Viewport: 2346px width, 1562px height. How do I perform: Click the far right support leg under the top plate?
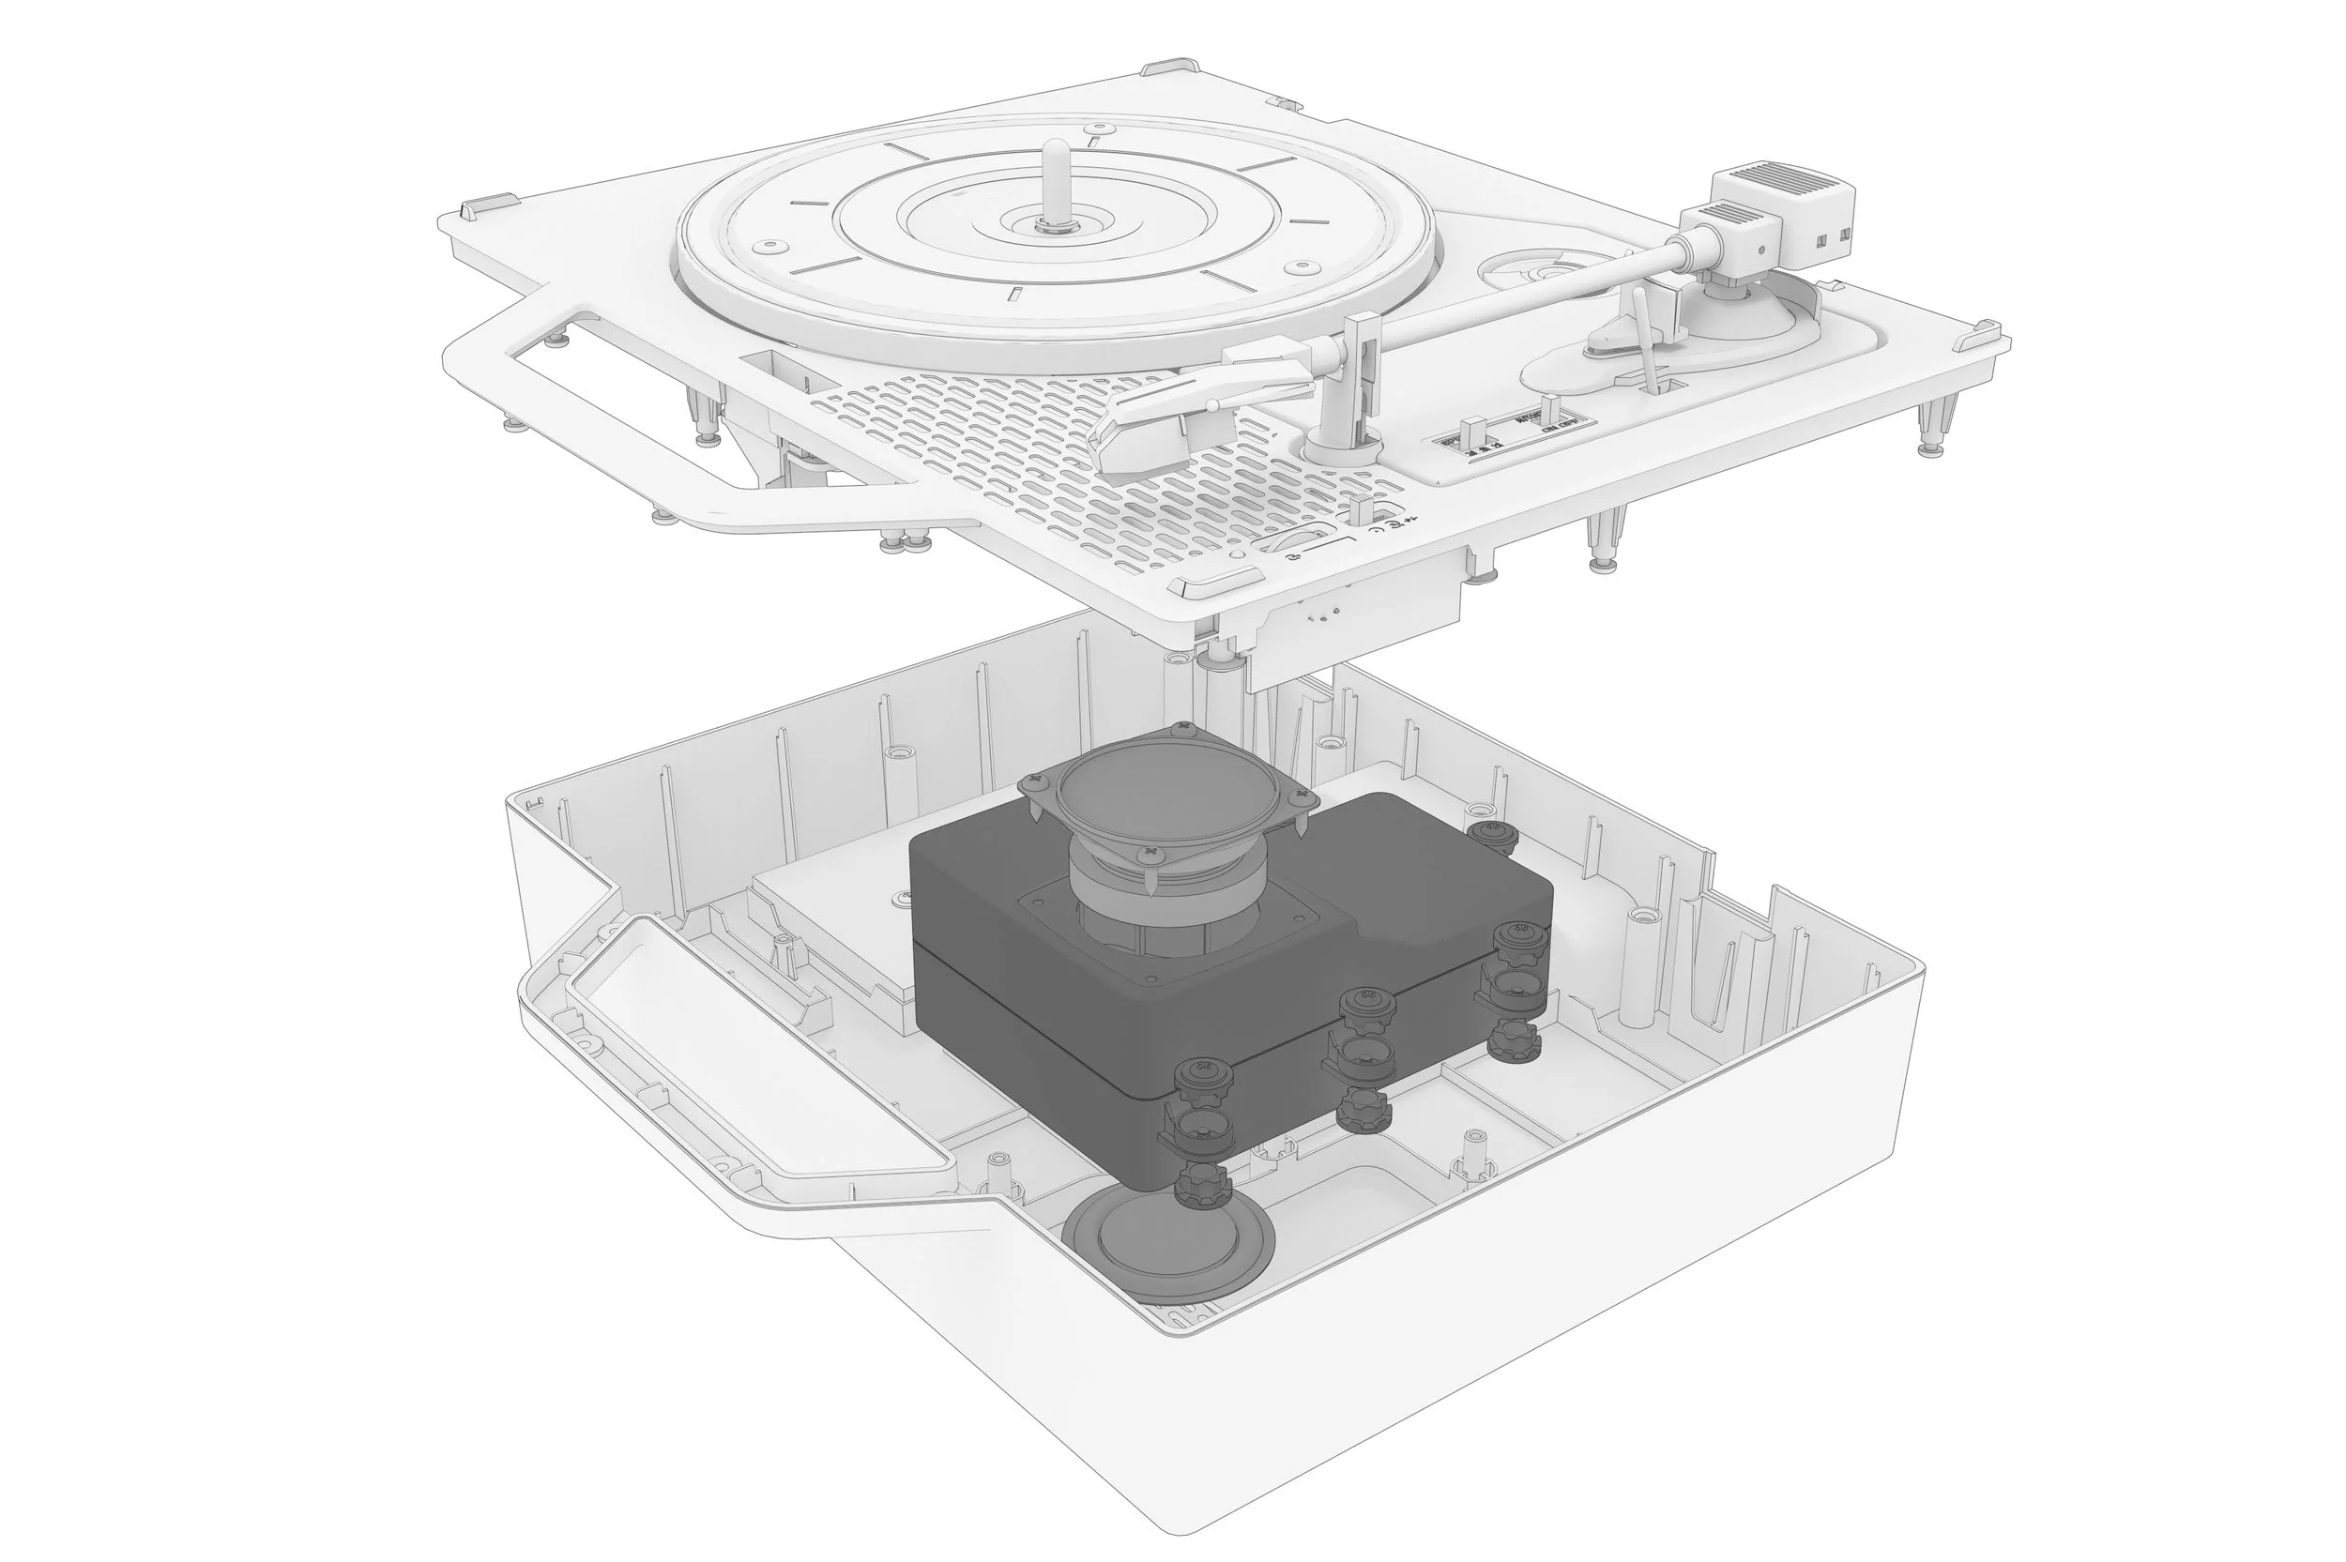click(x=1930, y=429)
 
